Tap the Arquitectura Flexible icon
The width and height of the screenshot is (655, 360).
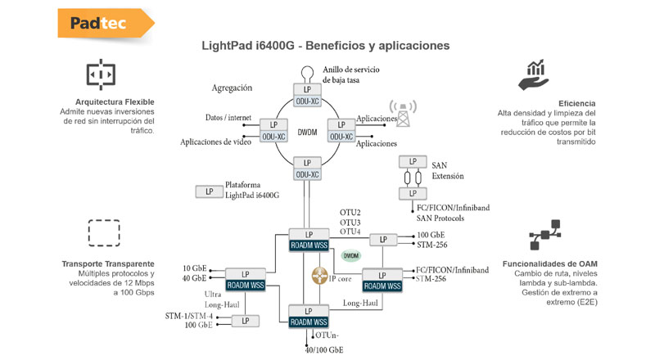[102, 74]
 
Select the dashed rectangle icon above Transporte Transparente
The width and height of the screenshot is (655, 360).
[102, 232]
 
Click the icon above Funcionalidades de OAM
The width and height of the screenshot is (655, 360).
[545, 235]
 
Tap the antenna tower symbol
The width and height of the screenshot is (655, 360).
[402, 113]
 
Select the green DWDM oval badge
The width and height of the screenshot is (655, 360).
[350, 256]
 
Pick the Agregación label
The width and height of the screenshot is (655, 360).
[232, 88]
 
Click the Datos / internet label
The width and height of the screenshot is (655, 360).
[228, 118]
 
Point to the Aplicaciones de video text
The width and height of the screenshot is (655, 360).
[216, 142]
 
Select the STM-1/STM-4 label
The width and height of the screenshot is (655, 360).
[189, 315]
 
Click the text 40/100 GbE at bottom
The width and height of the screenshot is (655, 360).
[324, 350]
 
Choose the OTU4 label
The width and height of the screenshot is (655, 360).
[350, 232]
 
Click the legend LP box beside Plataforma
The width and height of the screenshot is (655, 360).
[209, 191]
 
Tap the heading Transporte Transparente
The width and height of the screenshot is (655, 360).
[107, 263]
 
